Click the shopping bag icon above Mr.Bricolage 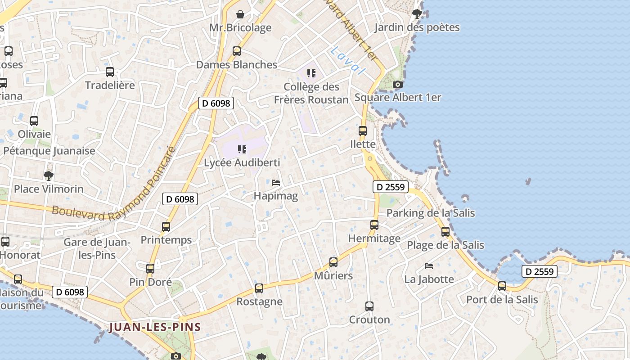click(x=240, y=14)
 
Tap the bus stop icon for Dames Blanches click(x=237, y=51)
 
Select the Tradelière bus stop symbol click(x=110, y=72)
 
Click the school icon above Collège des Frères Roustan click(x=311, y=73)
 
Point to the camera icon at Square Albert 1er click(x=398, y=84)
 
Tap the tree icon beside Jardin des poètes click(x=417, y=14)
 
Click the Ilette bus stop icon click(x=363, y=131)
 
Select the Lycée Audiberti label click(x=242, y=162)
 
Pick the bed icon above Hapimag click(x=276, y=183)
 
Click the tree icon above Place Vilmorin click(x=49, y=175)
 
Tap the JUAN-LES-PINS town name click(x=155, y=327)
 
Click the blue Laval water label click(x=346, y=60)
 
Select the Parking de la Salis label click(x=431, y=213)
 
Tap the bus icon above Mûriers click(x=333, y=262)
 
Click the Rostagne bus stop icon click(x=259, y=288)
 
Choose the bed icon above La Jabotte click(x=429, y=266)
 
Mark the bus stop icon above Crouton click(x=369, y=306)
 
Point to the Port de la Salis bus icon click(x=502, y=286)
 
